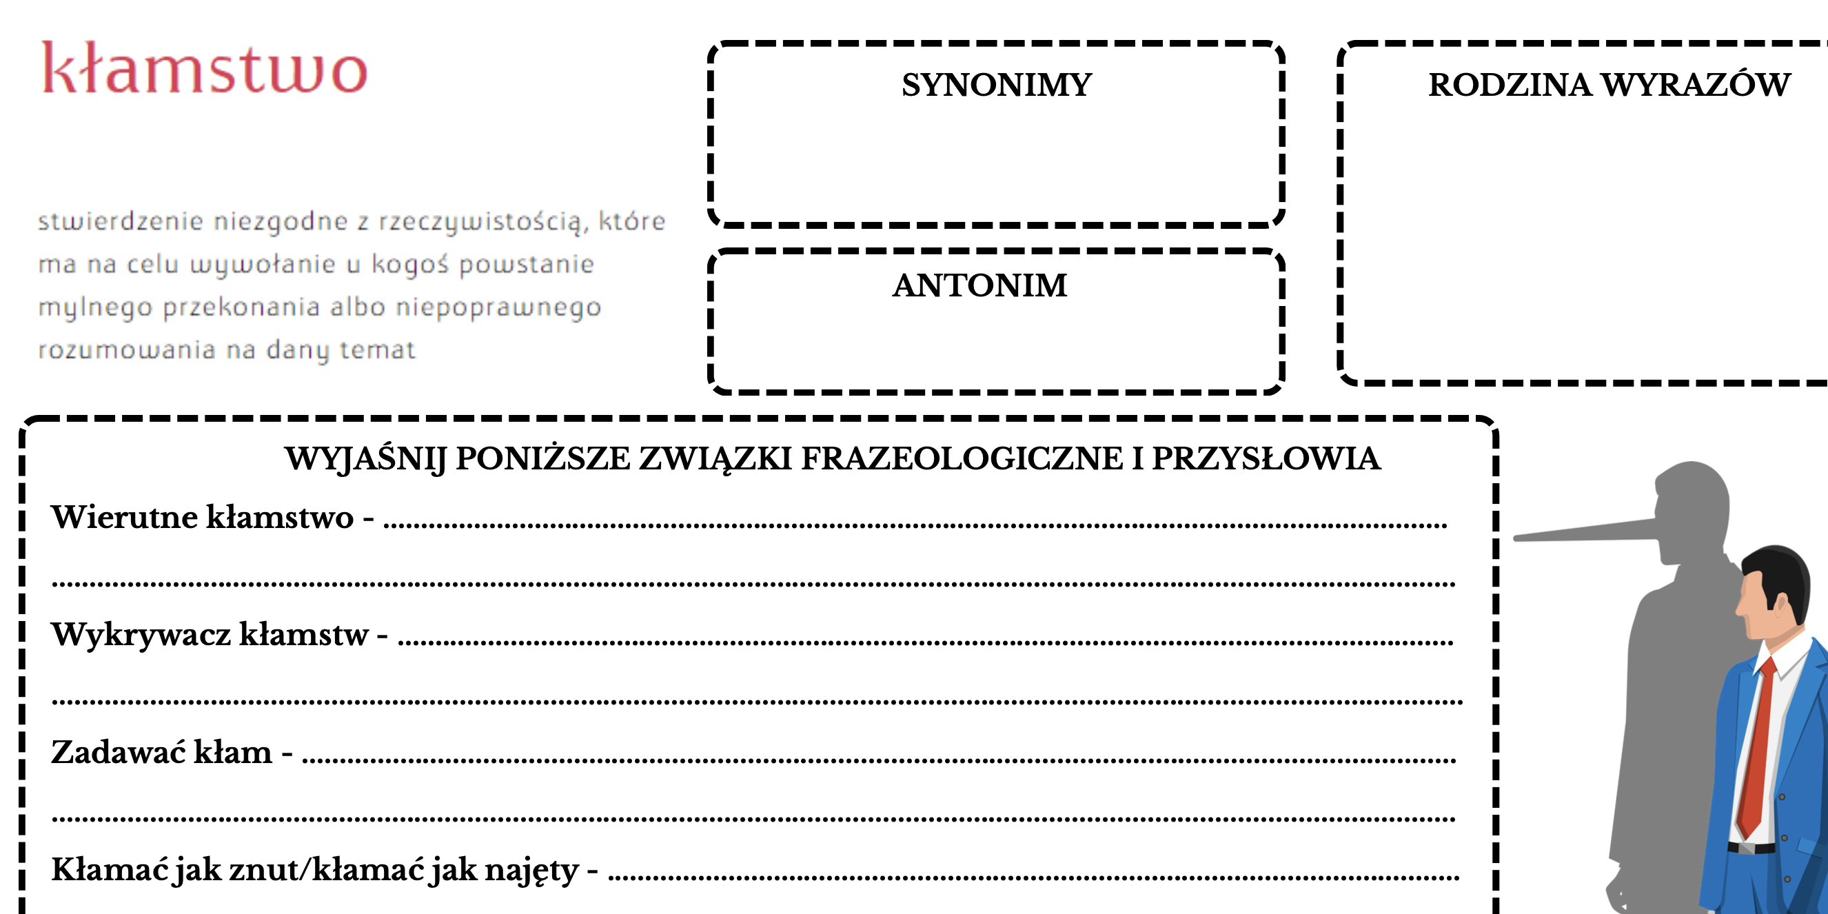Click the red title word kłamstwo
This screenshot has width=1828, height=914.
tap(204, 68)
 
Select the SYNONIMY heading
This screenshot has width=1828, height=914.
tap(996, 85)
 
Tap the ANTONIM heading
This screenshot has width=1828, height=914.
tap(979, 285)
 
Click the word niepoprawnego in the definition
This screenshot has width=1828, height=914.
tap(498, 307)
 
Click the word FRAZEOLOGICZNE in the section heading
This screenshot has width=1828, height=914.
tap(962, 458)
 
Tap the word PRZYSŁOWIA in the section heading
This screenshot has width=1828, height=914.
tap(1266, 458)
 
